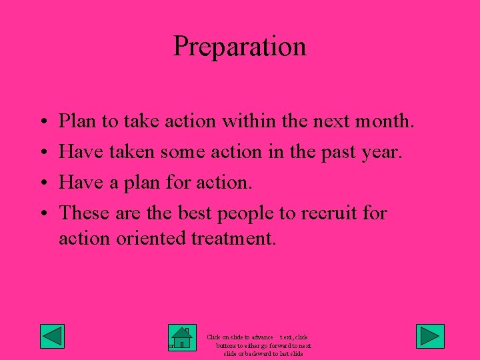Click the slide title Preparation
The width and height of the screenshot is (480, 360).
(240, 47)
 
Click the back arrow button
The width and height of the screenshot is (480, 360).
(52, 336)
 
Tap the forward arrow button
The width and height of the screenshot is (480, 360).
(430, 336)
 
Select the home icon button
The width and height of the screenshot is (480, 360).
(181, 337)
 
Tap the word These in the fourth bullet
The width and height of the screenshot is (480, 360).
(84, 213)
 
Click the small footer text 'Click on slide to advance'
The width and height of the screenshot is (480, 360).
(240, 338)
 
